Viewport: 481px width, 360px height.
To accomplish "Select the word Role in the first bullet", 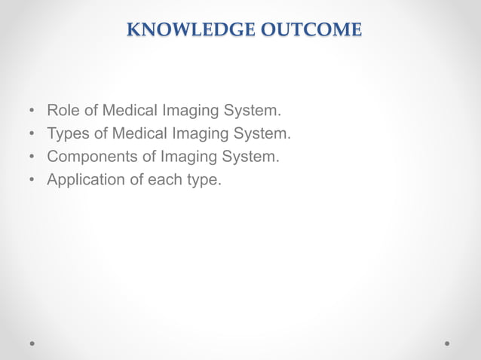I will (63, 111).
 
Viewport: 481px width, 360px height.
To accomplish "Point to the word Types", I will (68, 134).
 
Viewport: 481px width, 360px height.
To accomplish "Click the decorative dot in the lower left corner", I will (32, 343).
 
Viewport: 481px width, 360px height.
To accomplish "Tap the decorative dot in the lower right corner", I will (447, 343).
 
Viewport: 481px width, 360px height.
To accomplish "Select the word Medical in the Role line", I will (129, 111).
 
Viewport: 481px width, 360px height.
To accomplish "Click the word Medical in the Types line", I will (139, 134).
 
